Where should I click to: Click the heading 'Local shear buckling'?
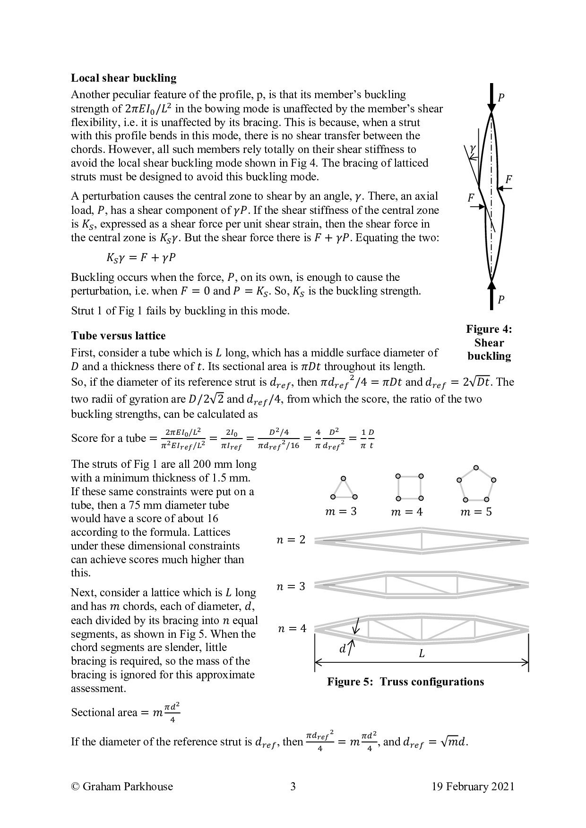123,78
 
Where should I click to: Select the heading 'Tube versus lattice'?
118,336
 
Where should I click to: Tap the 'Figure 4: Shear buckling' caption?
489,343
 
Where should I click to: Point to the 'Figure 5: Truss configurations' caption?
405,682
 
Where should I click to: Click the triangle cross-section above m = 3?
344,489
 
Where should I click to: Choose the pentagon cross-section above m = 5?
476,485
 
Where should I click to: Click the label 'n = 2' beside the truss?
291,540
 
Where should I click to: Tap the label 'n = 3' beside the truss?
291,586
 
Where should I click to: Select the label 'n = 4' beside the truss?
291,628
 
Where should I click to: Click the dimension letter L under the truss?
422,654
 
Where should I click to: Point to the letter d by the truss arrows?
343,649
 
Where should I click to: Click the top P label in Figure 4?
501,97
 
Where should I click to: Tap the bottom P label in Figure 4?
501,300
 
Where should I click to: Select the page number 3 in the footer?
293,786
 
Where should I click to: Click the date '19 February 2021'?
473,786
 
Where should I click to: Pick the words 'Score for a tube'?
108,438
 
